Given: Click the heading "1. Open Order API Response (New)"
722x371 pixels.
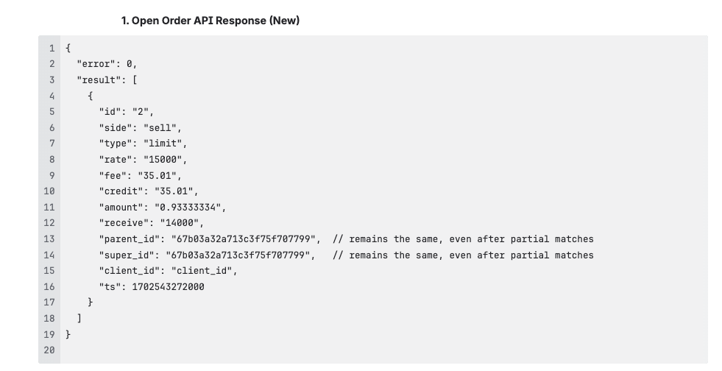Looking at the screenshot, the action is (x=210, y=21).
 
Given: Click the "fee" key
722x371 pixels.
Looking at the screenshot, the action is (x=113, y=176).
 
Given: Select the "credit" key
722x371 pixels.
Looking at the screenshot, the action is (x=121, y=191).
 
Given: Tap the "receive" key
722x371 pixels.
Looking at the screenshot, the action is (x=124, y=223).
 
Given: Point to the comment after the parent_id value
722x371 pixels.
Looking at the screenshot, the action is (x=462, y=239).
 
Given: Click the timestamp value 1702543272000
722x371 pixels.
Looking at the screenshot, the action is (x=168, y=287).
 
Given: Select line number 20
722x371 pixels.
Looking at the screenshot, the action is (x=49, y=350).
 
